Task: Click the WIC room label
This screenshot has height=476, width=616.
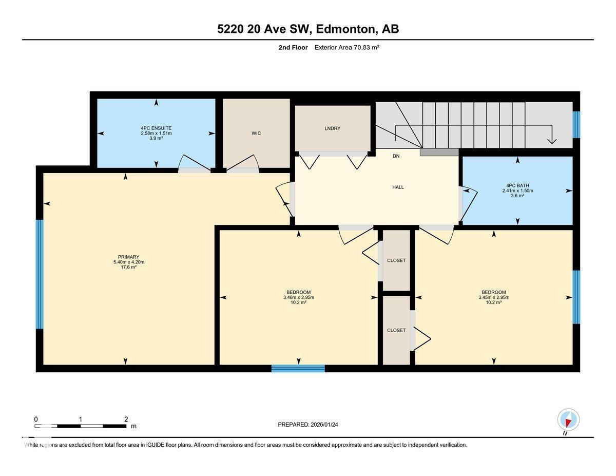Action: coord(256,134)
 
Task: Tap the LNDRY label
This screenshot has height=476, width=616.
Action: coord(333,128)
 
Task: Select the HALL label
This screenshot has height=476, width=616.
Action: coord(398,187)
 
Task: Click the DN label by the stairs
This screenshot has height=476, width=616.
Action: coord(396,156)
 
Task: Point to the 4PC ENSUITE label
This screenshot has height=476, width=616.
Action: coord(156,128)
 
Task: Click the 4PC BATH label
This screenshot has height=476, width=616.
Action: coord(517,185)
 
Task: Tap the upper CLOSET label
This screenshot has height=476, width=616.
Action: coord(396,260)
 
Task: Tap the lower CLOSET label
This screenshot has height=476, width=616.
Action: coord(396,330)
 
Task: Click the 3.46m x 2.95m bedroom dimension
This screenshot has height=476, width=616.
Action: coord(298,297)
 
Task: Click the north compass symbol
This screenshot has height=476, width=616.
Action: coord(568,420)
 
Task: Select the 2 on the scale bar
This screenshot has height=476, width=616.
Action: coord(126,420)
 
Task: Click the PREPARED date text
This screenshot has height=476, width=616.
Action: coord(308,425)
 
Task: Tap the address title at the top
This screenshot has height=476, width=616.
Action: coord(308,29)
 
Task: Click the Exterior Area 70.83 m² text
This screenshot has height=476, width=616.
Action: coord(346,48)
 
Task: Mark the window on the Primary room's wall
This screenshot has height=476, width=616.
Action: coord(40,274)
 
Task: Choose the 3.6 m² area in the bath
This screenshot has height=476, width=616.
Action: coord(517,196)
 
